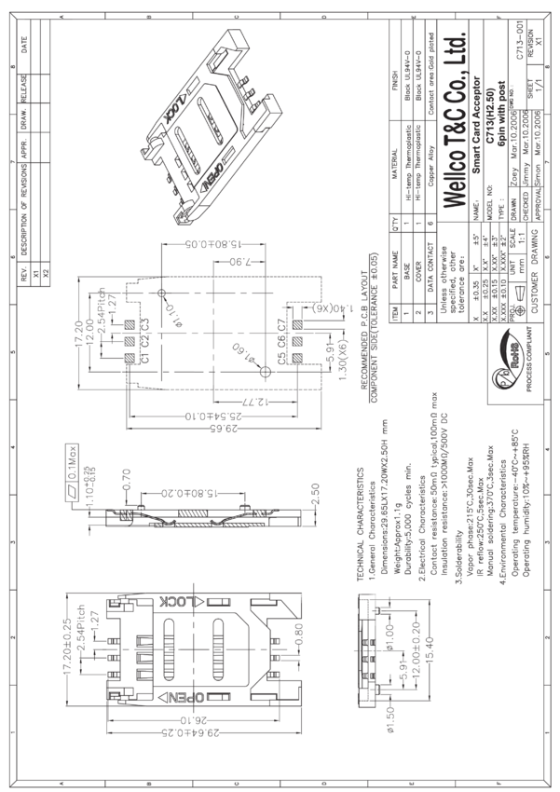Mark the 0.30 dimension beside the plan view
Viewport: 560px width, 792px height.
(297, 642)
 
